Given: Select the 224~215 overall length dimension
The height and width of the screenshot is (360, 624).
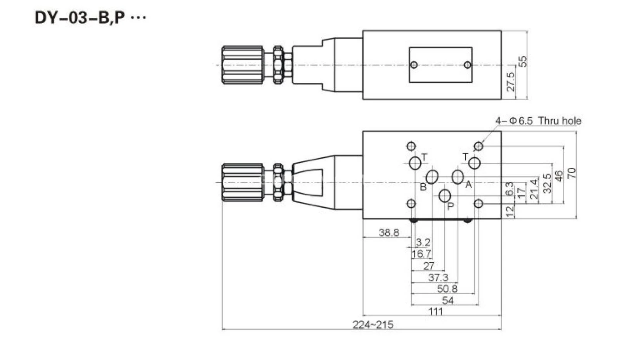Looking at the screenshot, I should click(x=373, y=325).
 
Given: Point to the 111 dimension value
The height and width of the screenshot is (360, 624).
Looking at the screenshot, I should click(x=435, y=311).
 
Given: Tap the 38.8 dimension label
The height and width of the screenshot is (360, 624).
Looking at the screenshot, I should click(x=389, y=233).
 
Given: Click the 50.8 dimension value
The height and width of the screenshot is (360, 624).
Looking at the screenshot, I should click(x=447, y=289).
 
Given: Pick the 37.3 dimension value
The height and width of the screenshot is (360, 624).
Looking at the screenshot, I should click(x=438, y=278).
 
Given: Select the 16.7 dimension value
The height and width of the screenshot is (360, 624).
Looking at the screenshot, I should click(x=421, y=254).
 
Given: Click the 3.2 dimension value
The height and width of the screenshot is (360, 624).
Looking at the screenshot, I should click(x=423, y=243).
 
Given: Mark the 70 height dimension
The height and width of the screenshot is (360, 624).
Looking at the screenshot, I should click(x=572, y=173).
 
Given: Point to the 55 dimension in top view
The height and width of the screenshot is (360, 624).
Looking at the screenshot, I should click(x=523, y=61).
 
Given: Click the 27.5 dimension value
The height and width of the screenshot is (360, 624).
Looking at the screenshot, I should click(x=511, y=82).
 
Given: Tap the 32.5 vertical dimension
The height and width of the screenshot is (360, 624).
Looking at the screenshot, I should click(x=547, y=183).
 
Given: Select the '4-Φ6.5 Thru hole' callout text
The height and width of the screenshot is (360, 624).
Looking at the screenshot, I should click(x=538, y=121).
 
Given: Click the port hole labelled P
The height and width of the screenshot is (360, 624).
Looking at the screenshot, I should click(x=445, y=196).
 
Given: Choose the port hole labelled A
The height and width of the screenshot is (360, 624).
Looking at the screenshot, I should click(x=458, y=177).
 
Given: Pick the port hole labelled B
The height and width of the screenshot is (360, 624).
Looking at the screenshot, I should click(x=432, y=177).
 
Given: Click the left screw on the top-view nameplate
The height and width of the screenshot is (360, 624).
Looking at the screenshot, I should click(x=414, y=64).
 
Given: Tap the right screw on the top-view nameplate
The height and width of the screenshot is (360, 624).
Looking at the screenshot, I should click(x=468, y=64).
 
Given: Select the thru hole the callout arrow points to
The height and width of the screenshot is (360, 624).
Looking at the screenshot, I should click(x=478, y=146).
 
